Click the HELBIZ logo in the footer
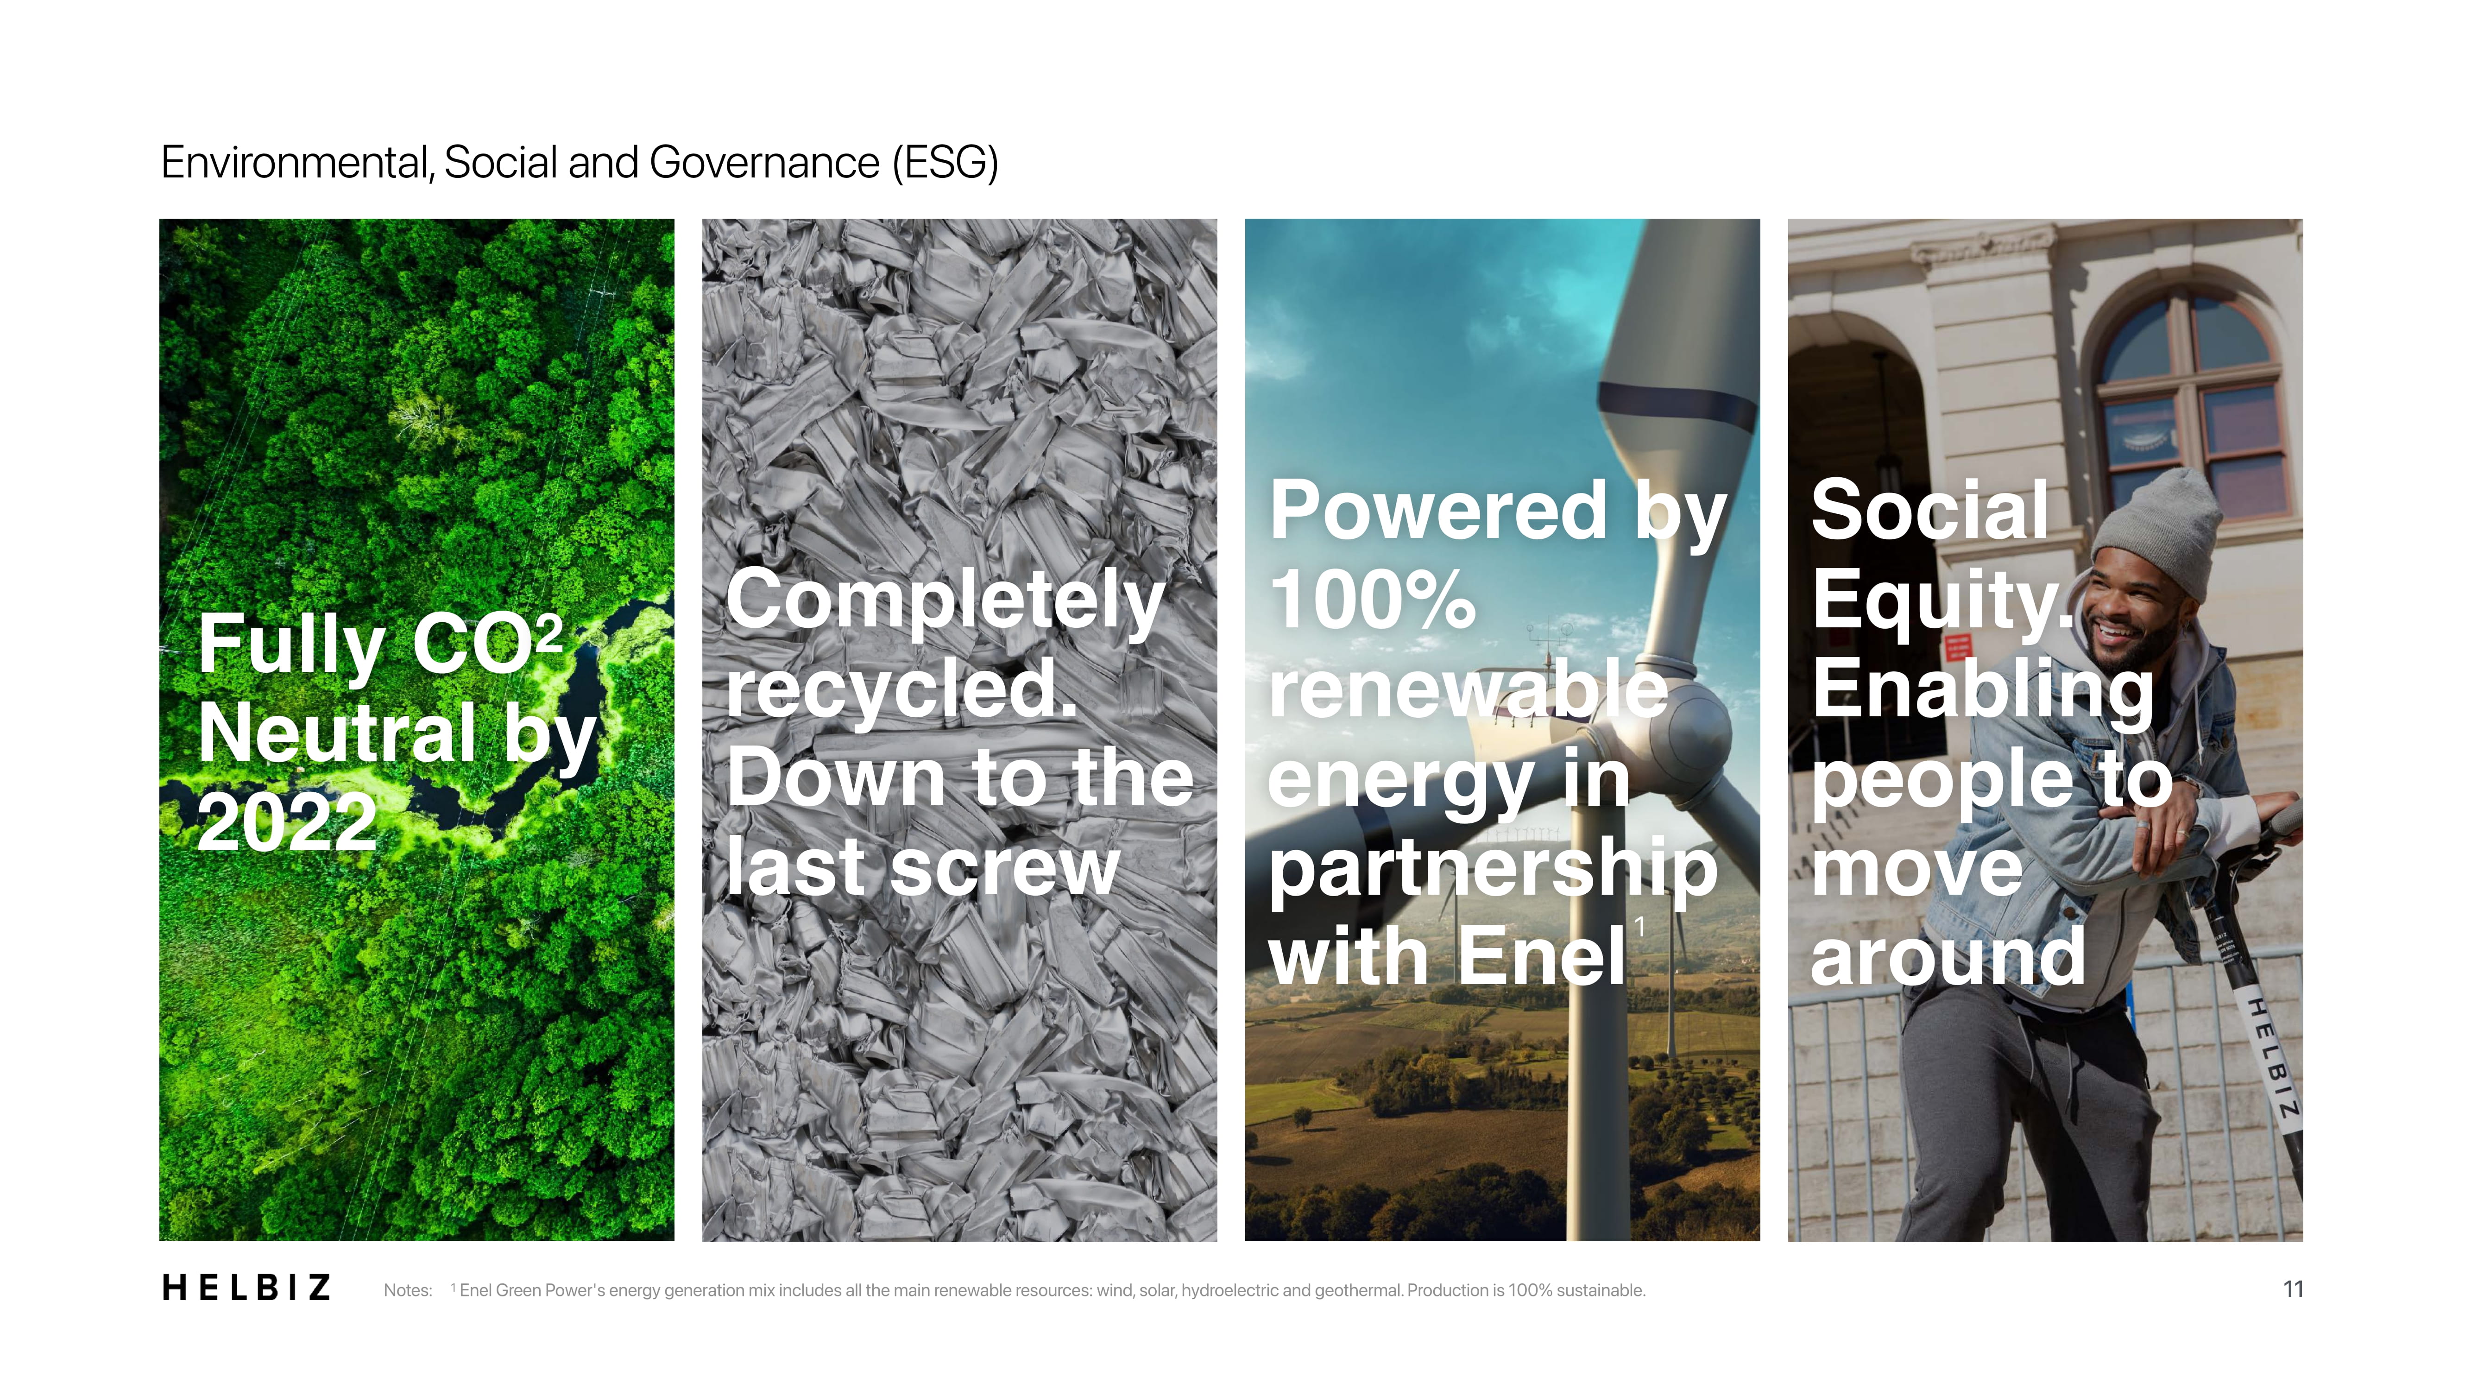[x=246, y=1287]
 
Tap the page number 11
[x=2293, y=1289]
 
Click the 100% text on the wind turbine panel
[x=1373, y=600]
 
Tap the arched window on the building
[x=2192, y=403]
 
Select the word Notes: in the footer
[x=408, y=1290]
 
